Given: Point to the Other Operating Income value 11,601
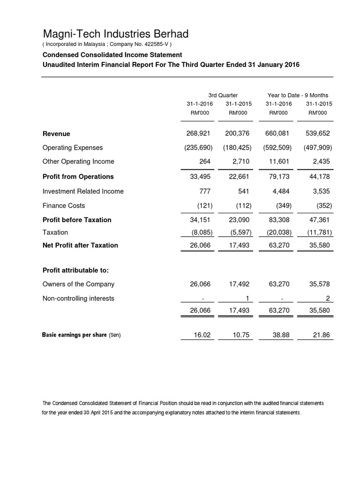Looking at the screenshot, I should (x=278, y=162).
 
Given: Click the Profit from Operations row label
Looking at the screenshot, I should (x=78, y=177).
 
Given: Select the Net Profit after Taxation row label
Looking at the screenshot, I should (x=80, y=245).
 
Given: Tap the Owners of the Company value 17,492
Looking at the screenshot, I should (x=238, y=284).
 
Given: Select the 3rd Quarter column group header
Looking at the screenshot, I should (x=223, y=95).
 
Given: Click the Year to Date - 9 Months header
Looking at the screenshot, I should (x=298, y=95).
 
